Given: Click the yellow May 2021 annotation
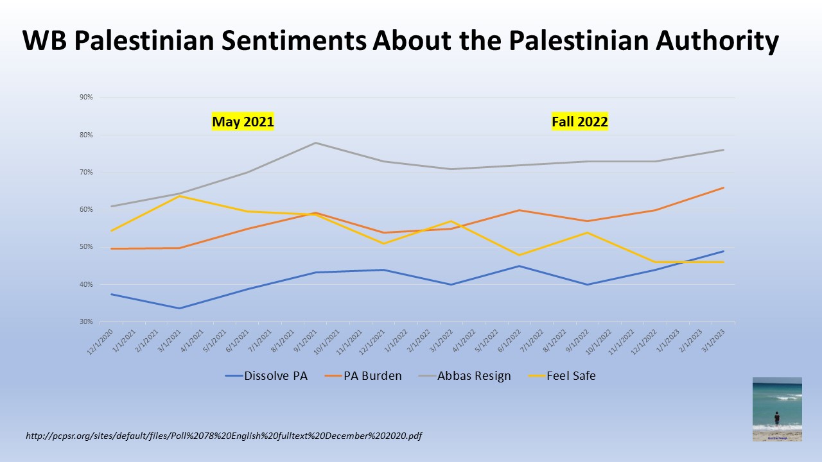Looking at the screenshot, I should point(243,122).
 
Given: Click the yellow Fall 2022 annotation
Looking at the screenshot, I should point(580,122).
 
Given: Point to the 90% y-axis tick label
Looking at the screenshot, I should point(87,98).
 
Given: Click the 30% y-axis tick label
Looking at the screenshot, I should point(87,322).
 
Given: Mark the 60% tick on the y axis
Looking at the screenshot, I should point(87,210).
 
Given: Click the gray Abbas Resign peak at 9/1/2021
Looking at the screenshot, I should point(315,142).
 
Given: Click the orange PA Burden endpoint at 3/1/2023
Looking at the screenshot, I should point(724,187).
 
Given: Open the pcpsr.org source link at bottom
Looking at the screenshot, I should point(223,436).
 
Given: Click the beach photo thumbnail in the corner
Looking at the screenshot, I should point(777,409).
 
